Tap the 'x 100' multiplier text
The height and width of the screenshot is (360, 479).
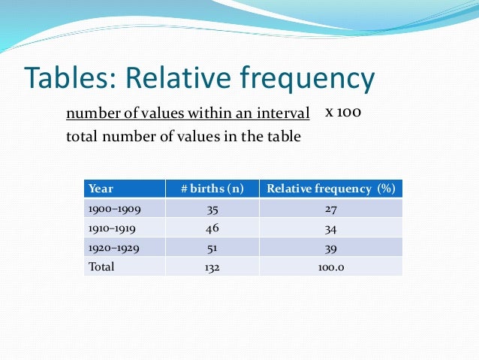coord(344,112)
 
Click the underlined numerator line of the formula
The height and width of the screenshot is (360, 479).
coord(188,114)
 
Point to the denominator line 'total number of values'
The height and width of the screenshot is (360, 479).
coord(183,136)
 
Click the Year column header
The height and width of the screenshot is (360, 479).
coord(101,189)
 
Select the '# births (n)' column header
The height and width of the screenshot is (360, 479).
coord(212,189)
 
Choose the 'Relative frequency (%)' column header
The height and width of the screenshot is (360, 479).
coord(330,189)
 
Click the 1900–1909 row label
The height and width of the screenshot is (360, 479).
coord(114,208)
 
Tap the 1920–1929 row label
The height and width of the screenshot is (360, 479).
coord(114,247)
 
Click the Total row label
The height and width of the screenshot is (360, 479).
coord(102,266)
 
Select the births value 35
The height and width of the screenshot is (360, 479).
coord(212,208)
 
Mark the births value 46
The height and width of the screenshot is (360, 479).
coord(212,228)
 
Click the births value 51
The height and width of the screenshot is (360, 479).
coord(212,247)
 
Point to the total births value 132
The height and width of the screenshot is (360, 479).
coord(212,266)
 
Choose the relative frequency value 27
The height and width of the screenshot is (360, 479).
coord(330,208)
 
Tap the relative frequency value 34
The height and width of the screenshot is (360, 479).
coord(330,228)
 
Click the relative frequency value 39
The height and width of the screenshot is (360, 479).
coord(330,247)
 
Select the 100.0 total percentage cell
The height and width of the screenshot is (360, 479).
coord(330,266)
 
